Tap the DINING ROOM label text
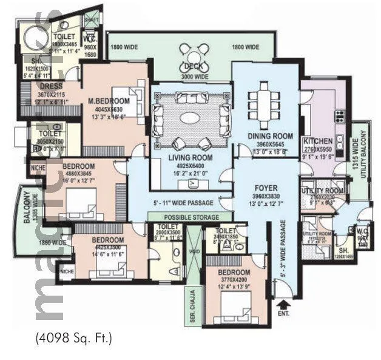pyautogui.click(x=270, y=136)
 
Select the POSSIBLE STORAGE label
pyautogui.click(x=190, y=216)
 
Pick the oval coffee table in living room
pyautogui.click(x=192, y=117)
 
